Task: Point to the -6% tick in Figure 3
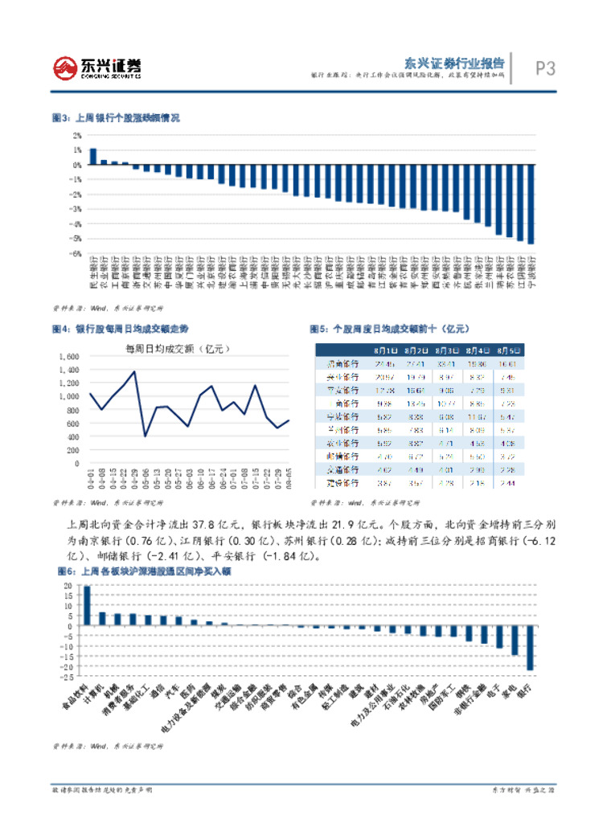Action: tap(77, 253)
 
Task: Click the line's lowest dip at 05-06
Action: tap(145, 436)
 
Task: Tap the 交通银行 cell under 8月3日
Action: tap(447, 469)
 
